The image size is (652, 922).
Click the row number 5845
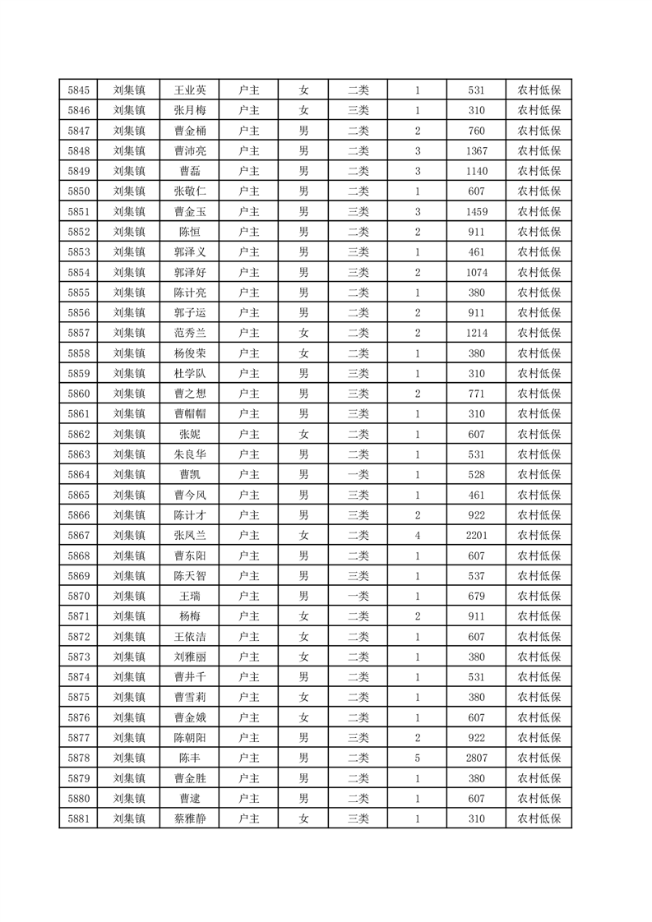78,90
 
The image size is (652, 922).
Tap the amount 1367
476,151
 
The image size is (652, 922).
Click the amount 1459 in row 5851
476,212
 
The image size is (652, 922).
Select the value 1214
476,333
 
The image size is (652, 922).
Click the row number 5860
78,394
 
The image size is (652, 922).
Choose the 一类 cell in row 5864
358,474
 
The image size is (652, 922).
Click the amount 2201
476,535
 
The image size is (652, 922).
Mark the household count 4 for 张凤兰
418,535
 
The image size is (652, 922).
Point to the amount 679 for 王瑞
476,596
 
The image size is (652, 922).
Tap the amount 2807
476,758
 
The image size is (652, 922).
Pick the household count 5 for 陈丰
418,758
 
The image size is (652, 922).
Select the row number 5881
78,818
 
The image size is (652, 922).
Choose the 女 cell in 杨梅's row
303,615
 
